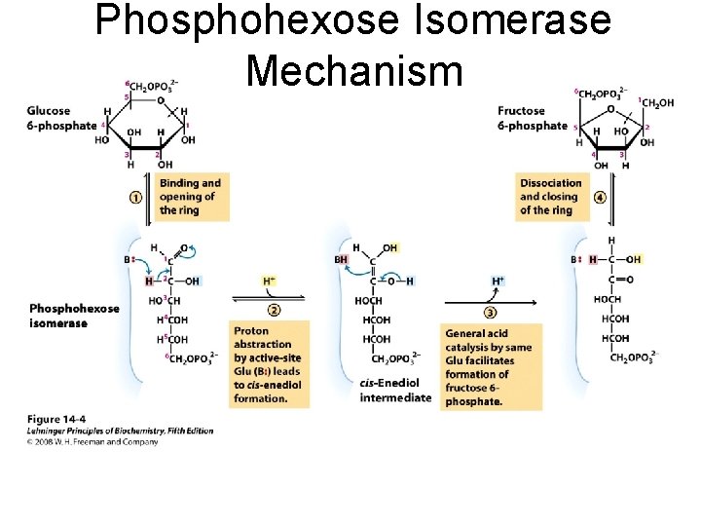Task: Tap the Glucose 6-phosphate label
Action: coord(61,117)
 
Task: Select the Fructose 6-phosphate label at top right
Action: coord(532,118)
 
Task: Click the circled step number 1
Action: coord(136,197)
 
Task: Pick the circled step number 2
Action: coord(274,310)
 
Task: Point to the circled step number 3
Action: coord(490,312)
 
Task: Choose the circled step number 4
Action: coord(600,197)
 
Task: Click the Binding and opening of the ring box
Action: coord(190,197)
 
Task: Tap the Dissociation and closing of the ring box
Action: coord(551,196)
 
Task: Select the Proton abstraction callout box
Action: coord(268,364)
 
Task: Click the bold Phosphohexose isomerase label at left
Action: coord(74,316)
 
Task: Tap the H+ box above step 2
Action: coord(270,282)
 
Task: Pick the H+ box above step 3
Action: coord(498,282)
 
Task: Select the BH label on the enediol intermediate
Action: coord(341,260)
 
